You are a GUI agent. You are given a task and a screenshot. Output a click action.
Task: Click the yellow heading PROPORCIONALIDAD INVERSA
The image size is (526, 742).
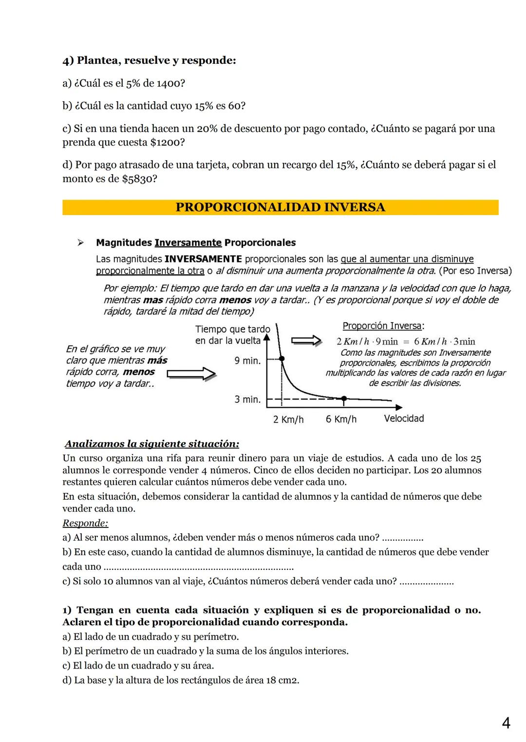(280, 207)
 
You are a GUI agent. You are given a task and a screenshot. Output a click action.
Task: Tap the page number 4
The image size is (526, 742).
(506, 724)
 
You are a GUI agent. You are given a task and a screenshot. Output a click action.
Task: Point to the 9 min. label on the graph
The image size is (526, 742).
(247, 361)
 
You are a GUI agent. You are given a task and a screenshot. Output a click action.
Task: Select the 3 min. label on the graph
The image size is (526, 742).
(247, 399)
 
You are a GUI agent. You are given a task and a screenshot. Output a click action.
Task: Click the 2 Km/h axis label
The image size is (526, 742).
(288, 419)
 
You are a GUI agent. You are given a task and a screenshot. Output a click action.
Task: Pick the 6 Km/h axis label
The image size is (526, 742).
(341, 419)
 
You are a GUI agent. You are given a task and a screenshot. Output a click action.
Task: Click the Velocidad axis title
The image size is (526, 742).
(404, 418)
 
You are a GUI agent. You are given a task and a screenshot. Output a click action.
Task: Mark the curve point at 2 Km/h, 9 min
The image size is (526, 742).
(282, 359)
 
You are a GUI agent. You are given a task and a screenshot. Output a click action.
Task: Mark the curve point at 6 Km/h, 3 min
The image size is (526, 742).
(344, 398)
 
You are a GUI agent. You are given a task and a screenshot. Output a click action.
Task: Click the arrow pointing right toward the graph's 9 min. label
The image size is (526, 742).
(191, 374)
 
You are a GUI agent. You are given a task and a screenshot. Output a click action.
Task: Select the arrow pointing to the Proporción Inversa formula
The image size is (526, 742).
(306, 341)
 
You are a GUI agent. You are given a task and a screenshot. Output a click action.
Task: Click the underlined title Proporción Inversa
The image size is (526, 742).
(382, 326)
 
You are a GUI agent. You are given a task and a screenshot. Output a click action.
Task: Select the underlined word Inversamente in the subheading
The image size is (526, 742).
(188, 243)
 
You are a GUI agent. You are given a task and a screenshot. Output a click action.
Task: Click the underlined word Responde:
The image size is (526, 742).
(85, 523)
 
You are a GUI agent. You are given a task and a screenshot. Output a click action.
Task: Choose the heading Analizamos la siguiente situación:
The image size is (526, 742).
(152, 444)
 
